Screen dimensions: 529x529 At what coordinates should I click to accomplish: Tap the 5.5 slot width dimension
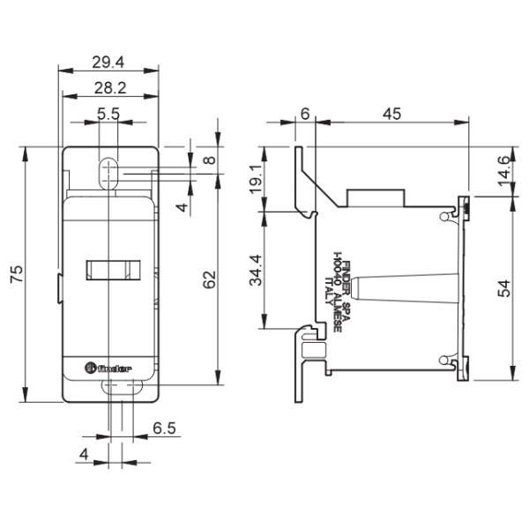109,114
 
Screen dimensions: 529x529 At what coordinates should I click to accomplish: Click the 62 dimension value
209,279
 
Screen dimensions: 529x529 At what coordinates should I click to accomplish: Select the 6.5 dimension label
164,428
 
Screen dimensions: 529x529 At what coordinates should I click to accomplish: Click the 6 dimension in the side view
304,113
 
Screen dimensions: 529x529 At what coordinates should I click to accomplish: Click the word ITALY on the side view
329,291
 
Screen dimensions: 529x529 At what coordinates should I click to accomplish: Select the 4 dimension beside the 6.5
83,454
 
